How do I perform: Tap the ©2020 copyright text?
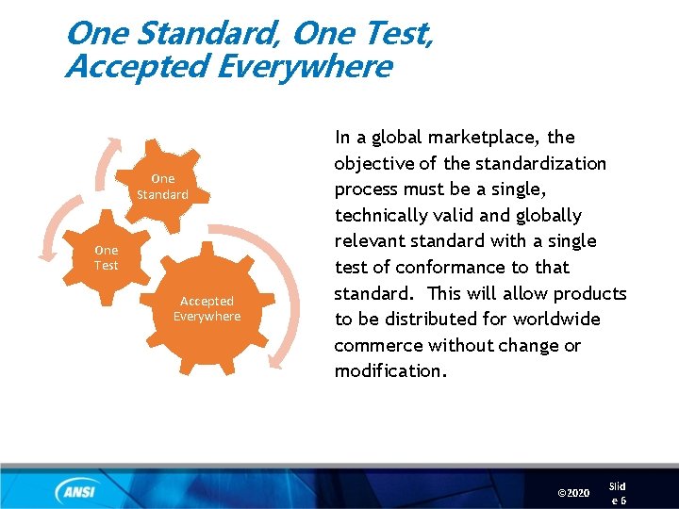click(573, 493)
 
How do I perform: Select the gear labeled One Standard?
click(162, 186)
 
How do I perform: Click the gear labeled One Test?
click(107, 257)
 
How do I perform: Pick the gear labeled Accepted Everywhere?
click(207, 308)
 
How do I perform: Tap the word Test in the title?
click(398, 34)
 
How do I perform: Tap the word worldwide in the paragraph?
click(554, 320)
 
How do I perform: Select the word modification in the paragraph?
click(387, 371)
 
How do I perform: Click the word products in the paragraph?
click(588, 293)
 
